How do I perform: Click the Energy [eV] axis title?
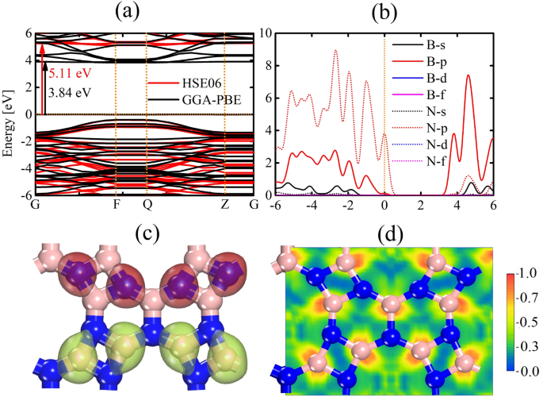[10, 114]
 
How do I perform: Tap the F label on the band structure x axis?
[116, 205]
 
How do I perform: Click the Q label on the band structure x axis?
[146, 205]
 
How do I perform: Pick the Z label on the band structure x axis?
[225, 205]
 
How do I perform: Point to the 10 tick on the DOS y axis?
[265, 33]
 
